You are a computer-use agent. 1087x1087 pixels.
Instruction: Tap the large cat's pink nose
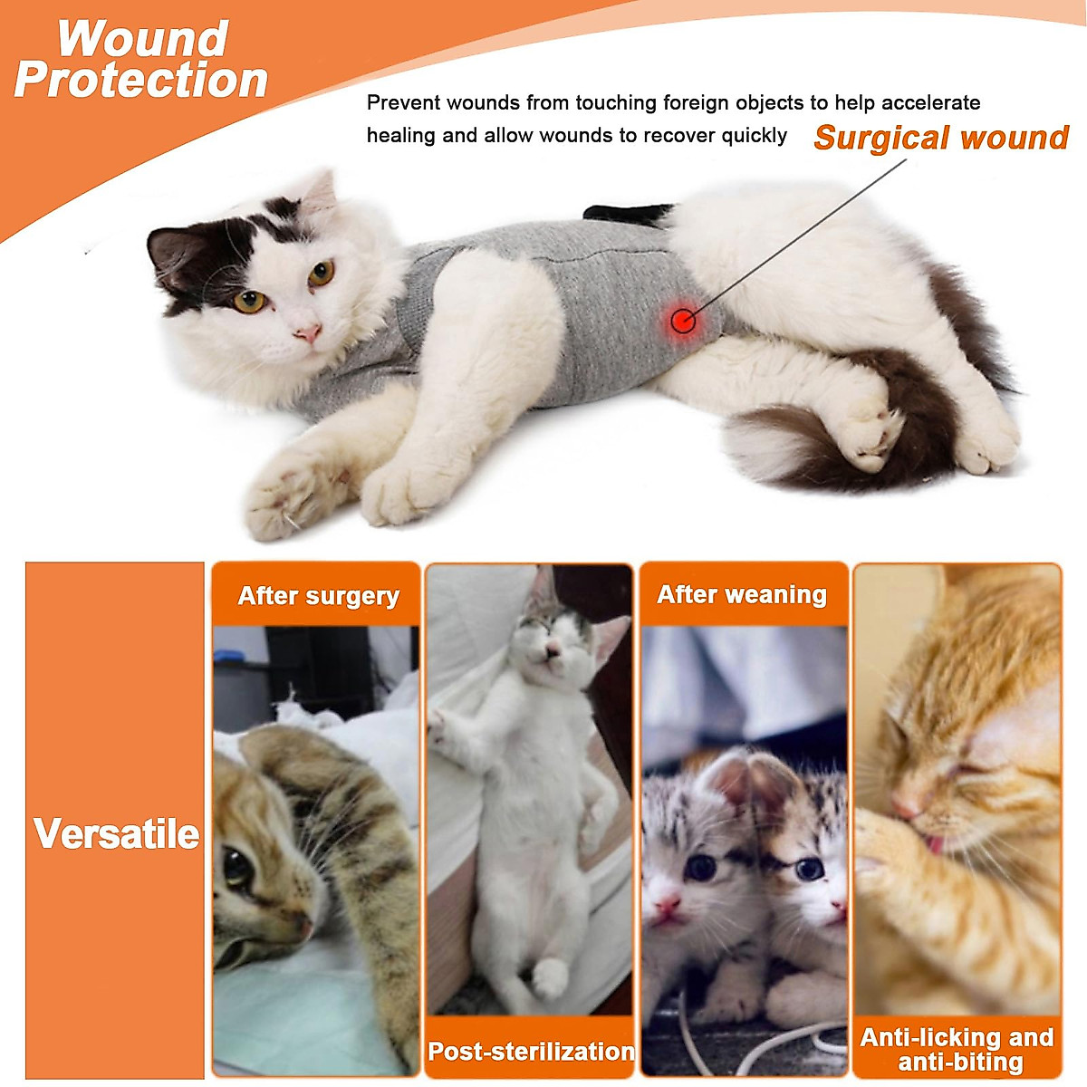[x=308, y=334]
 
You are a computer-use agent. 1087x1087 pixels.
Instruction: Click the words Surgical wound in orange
[x=941, y=138]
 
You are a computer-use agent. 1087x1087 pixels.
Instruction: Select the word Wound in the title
[x=142, y=39]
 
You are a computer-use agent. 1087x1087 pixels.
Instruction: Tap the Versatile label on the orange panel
[x=116, y=833]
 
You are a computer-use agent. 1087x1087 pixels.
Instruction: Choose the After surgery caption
[x=318, y=596]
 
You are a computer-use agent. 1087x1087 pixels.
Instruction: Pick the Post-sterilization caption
[x=531, y=1051]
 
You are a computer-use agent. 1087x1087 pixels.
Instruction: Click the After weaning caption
[x=742, y=595]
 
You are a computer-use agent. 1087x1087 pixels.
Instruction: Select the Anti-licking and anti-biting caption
[x=957, y=1049]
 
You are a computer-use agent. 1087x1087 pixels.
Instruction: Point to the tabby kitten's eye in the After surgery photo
[x=238, y=867]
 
